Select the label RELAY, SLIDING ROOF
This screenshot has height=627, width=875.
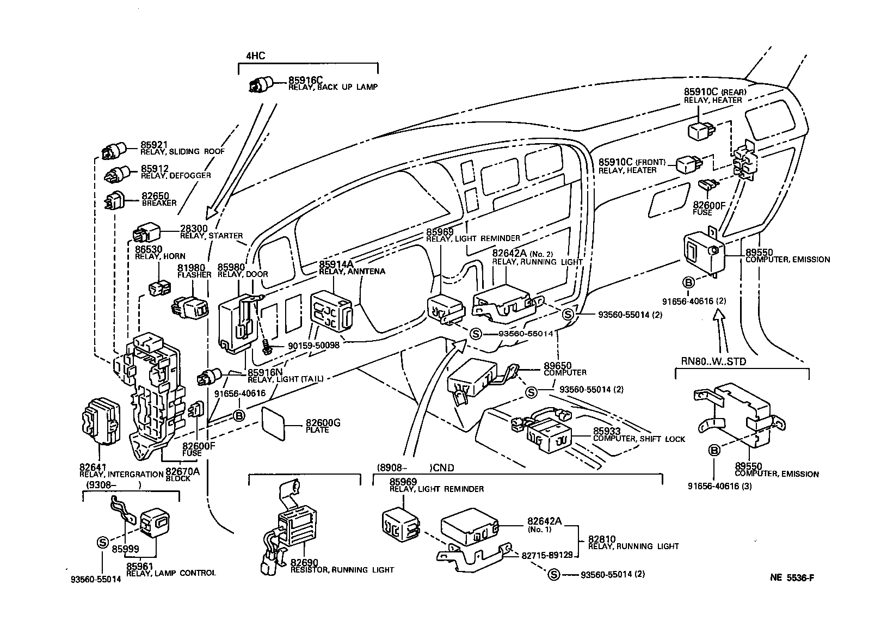click(x=182, y=152)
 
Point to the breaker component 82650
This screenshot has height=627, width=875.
click(x=115, y=201)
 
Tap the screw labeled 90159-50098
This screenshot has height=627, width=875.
click(x=266, y=347)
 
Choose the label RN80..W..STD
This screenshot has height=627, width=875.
click(x=713, y=361)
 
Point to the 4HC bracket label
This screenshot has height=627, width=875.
click(x=255, y=55)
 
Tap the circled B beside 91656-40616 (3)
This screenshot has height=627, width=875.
click(x=714, y=450)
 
